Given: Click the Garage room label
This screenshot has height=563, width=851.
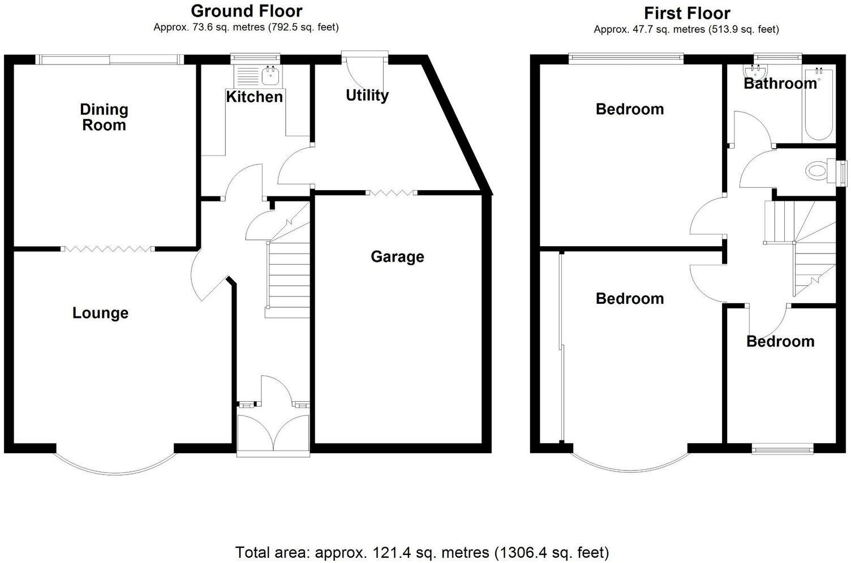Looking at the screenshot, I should point(397,257).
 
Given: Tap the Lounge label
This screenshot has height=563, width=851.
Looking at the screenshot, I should point(100,313).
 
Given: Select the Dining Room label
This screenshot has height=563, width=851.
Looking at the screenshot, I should point(104,117).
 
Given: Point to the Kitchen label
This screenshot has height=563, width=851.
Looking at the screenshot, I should point(254,97).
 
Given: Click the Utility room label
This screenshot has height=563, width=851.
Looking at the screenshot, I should point(367,95).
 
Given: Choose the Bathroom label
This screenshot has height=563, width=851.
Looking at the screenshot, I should point(780,84).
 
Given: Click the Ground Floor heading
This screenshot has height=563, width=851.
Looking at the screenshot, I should point(246,11).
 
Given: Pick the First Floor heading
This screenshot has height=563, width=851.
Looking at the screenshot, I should point(687,13).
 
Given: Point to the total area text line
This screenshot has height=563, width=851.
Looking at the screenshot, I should point(422,552).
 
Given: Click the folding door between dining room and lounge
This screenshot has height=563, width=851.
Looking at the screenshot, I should point(106,248).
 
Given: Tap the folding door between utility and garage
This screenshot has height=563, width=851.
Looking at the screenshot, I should point(391,193).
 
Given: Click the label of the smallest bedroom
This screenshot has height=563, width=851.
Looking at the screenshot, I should point(780,341).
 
